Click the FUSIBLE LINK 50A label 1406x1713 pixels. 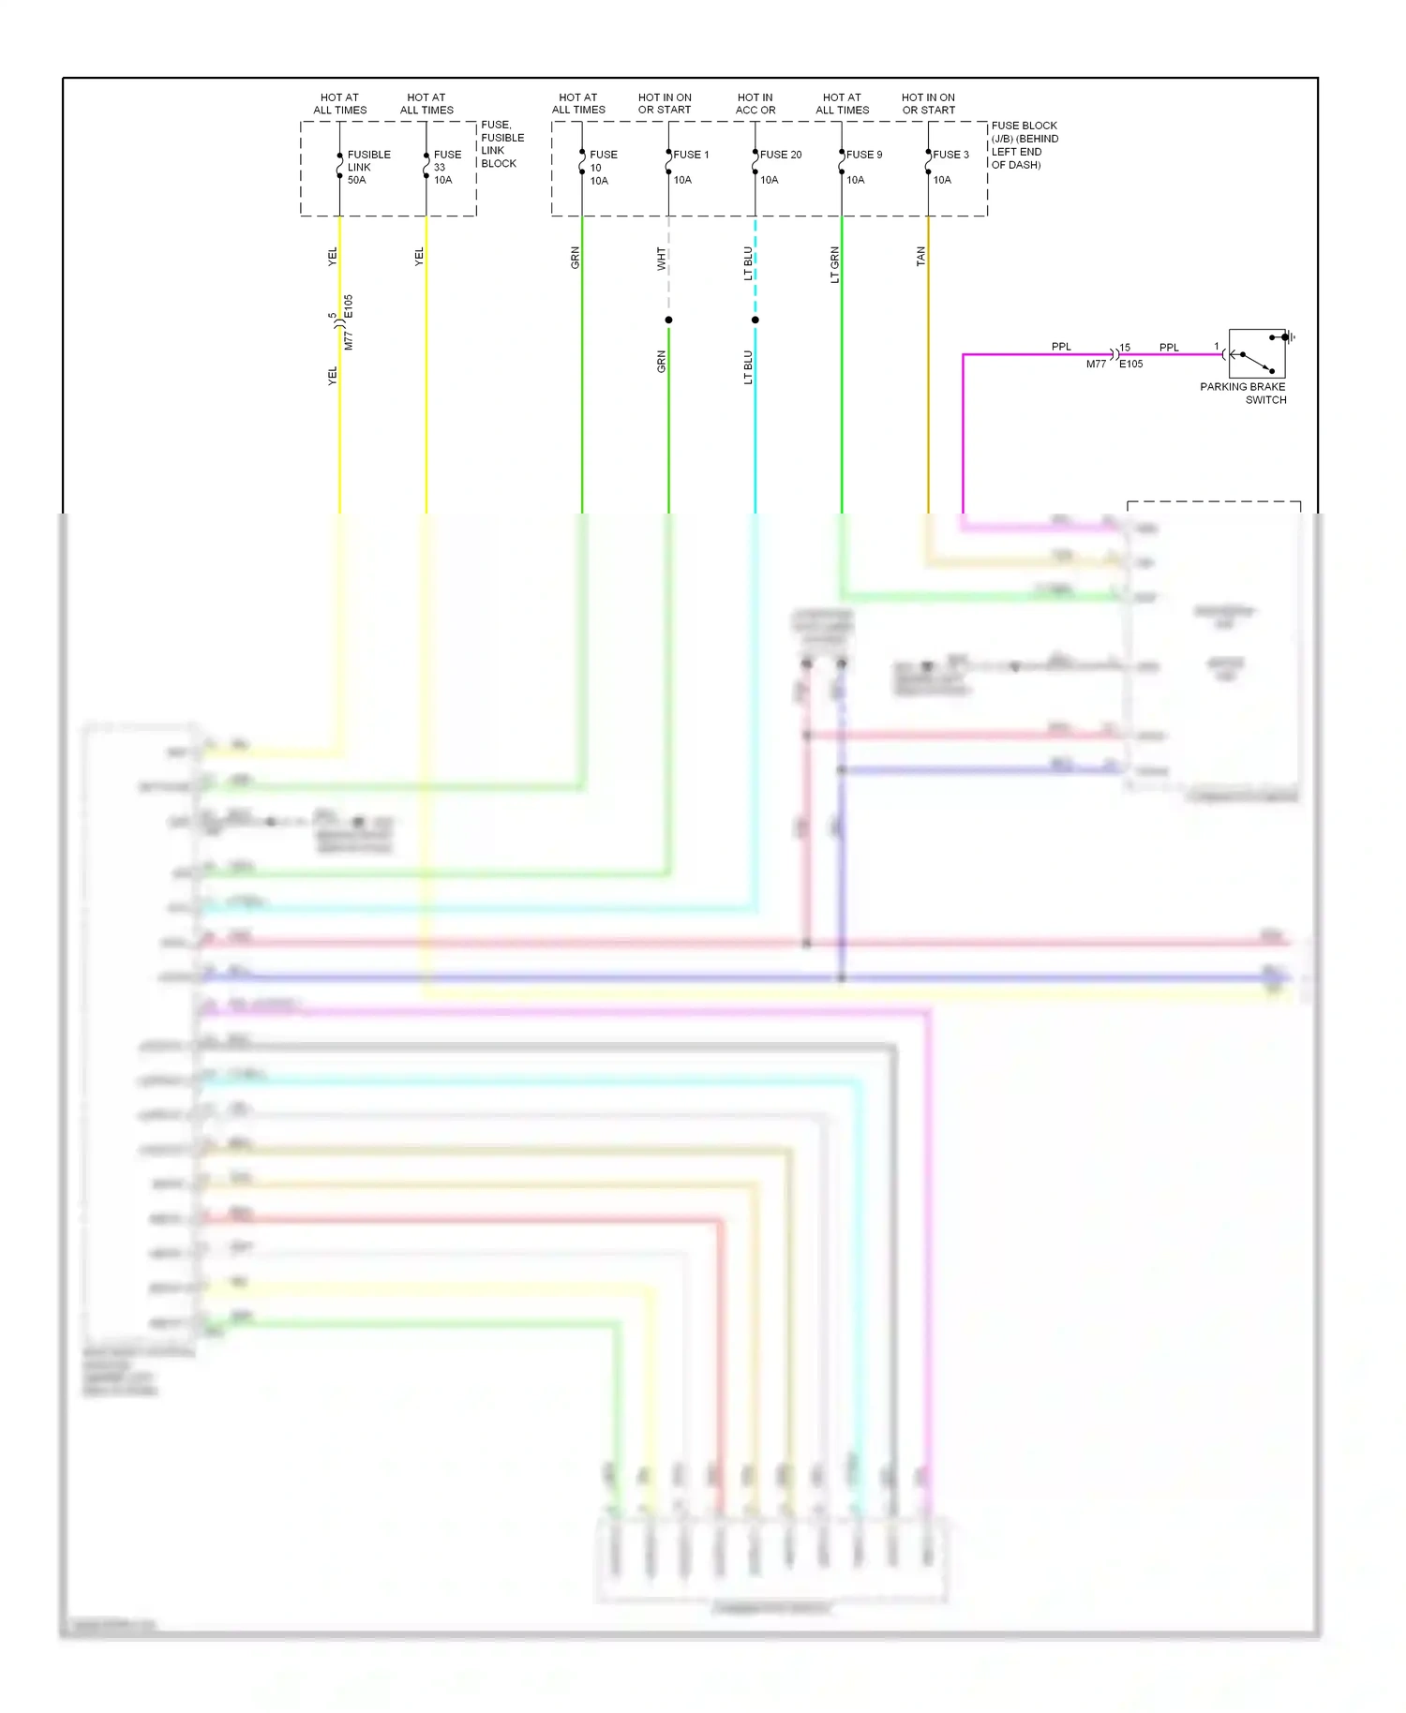(x=367, y=167)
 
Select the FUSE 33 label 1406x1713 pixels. (x=447, y=167)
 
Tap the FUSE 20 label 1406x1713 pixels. (x=780, y=155)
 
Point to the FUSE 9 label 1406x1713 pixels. (x=864, y=155)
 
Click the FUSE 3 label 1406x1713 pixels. (x=950, y=155)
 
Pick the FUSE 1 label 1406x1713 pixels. (x=691, y=155)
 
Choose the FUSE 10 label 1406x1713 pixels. (x=603, y=167)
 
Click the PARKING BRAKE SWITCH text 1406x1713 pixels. (x=1243, y=393)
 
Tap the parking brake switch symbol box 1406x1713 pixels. (x=1256, y=353)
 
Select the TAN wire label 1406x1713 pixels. (x=920, y=256)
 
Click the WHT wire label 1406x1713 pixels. (x=661, y=259)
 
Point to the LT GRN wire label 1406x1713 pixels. (x=834, y=264)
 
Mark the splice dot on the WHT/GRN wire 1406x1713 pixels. (x=668, y=320)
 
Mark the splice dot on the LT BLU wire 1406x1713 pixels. (x=755, y=320)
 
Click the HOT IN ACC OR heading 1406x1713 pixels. (x=755, y=103)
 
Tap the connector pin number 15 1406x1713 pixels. (x=1125, y=348)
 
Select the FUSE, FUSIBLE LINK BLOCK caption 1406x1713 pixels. (x=501, y=143)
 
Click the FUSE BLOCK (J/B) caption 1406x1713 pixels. (x=1024, y=144)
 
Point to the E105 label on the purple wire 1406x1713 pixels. (x=1131, y=365)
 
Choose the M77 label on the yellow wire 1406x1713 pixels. (x=349, y=340)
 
